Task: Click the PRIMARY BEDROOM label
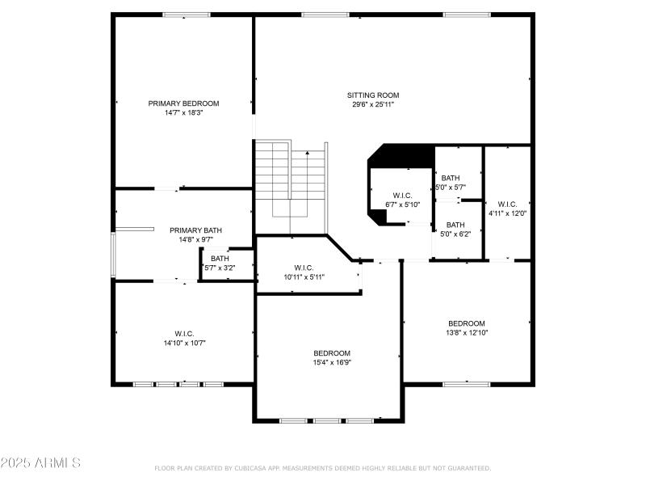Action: [183, 103]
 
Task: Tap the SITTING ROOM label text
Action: [372, 95]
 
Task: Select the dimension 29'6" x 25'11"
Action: [372, 104]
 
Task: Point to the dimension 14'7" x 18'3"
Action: [183, 112]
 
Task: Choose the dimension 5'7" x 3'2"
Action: [220, 267]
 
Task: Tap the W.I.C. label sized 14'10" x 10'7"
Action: [184, 334]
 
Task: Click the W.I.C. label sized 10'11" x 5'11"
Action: [304, 268]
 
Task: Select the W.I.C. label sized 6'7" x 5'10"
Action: [402, 196]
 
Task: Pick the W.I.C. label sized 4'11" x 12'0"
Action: [507, 205]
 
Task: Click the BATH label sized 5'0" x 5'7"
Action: [451, 178]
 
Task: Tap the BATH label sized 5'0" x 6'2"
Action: [455, 225]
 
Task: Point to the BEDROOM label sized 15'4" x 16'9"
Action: [332, 353]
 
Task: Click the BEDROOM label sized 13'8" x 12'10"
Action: [467, 323]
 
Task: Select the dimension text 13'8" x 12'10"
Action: [467, 332]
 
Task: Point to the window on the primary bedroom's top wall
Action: [187, 15]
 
